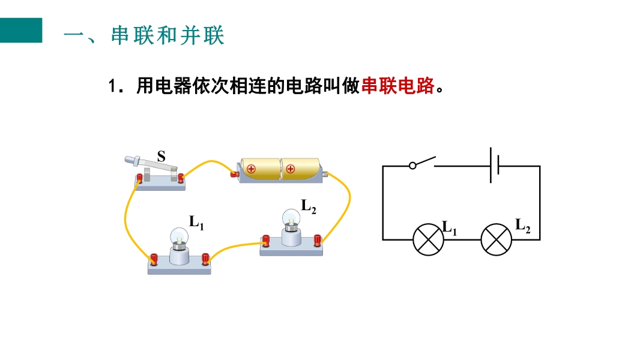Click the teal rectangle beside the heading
[21, 30]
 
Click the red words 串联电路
[397, 86]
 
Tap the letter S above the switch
[161, 157]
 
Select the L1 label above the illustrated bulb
[196, 222]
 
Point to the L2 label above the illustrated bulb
[308, 207]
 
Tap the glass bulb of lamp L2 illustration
[291, 217]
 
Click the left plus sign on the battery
[251, 169]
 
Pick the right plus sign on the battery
[291, 169]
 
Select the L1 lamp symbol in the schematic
[428, 239]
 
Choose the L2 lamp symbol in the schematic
[497, 239]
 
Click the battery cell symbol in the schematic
[495, 166]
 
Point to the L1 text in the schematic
[449, 227]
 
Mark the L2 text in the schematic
[523, 226]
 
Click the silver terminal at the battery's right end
[326, 174]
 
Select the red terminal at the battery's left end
[234, 175]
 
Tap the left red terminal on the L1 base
[154, 259]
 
